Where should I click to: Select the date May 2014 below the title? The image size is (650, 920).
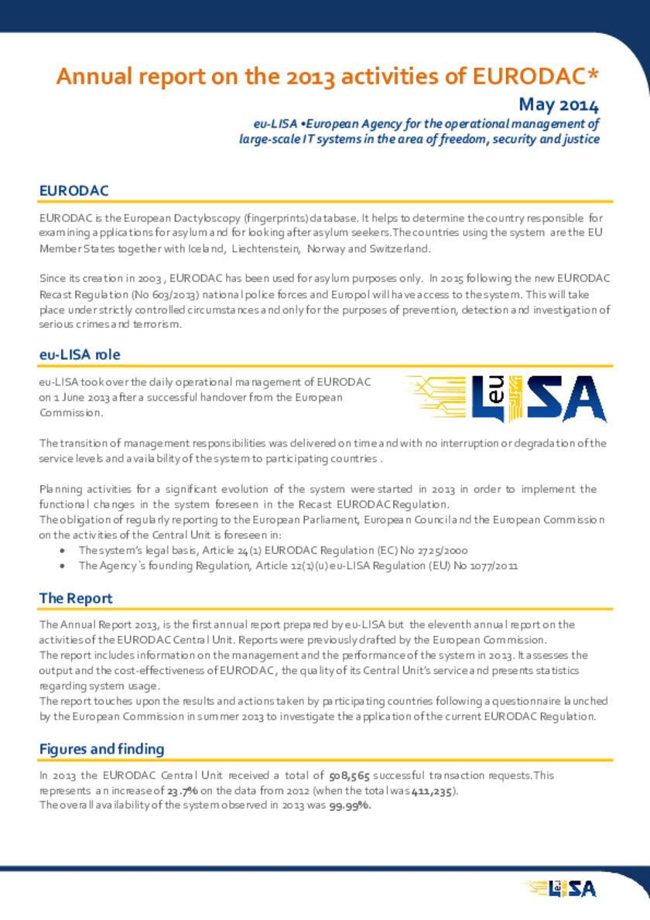559,104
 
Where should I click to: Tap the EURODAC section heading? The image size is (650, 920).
74,190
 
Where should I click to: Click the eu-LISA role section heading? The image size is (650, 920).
80,354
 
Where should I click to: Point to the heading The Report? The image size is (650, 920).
76,598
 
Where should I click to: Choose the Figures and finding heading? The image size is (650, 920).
101,749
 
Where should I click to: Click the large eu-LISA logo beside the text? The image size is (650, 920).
504,398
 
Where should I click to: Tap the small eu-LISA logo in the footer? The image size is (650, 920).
560,888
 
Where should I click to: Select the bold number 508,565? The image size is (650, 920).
349,776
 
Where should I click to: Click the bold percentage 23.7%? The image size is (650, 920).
183,791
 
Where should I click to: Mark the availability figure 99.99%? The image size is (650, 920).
349,805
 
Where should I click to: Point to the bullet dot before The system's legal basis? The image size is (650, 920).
62,550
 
